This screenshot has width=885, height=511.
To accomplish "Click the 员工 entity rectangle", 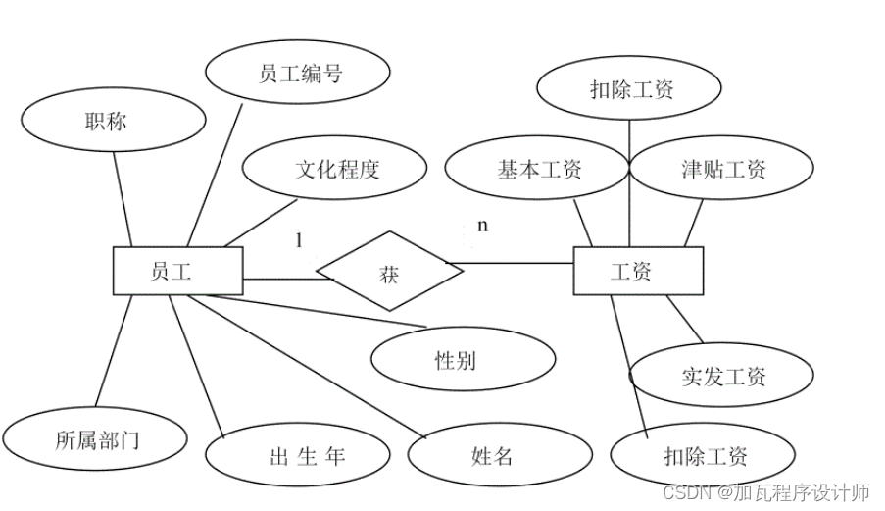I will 177,271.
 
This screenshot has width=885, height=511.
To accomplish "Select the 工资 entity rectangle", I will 638,271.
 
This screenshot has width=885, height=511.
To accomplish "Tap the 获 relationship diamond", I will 389,271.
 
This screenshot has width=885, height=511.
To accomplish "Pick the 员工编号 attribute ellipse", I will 300,74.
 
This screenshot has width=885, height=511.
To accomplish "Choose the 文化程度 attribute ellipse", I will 335,169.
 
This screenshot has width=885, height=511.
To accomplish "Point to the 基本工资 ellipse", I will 537,169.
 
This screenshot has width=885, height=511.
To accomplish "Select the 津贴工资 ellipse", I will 723,169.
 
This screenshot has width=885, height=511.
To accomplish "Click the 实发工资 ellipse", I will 722,376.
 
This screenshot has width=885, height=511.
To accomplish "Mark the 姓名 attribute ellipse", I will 499,455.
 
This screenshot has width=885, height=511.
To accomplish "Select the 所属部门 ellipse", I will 95,438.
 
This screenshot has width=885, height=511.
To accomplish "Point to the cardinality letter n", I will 482,226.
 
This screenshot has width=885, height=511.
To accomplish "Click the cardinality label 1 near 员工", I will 299,239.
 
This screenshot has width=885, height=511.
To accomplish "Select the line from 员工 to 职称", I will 122,201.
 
